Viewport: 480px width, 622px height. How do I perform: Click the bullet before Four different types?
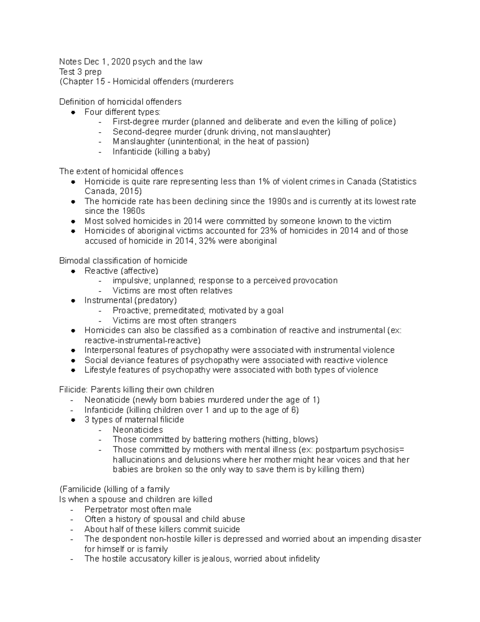pos(73,112)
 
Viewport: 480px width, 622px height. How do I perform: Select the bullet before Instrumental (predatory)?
pos(73,300)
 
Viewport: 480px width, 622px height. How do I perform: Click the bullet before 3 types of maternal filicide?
pos(73,420)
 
